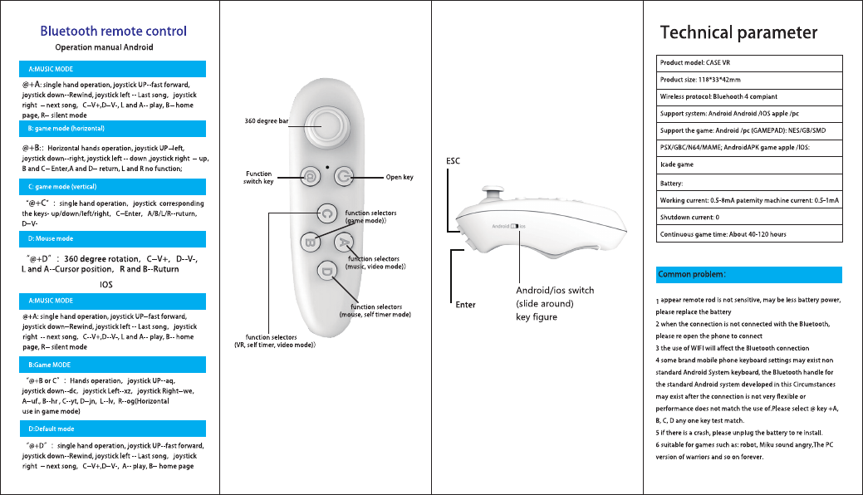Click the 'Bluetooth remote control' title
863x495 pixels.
[x=114, y=32]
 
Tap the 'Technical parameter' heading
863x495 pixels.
[x=738, y=33]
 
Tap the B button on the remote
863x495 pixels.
[x=308, y=243]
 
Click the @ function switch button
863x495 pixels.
[x=309, y=177]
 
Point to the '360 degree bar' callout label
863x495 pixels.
[x=266, y=121]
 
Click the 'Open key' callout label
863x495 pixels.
[x=400, y=177]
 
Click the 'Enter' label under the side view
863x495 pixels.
[x=465, y=305]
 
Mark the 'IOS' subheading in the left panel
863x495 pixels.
[x=106, y=284]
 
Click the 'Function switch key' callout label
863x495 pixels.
[x=257, y=177]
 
